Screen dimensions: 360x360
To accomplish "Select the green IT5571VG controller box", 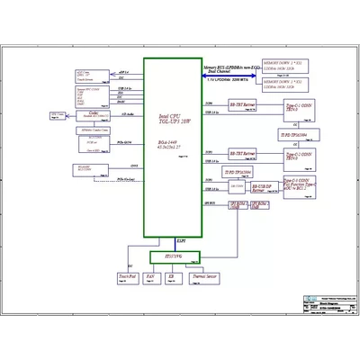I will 173,257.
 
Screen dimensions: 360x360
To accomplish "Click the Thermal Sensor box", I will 209,280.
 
